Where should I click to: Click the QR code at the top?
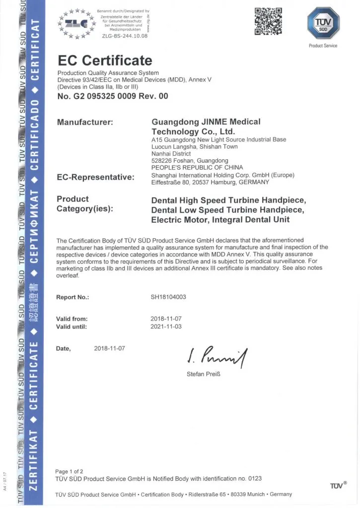268,21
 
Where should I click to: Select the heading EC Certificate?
105,61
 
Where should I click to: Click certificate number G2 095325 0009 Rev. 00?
113,96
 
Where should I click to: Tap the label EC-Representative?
96,177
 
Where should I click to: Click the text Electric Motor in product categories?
177,219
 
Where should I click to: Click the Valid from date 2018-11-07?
166,318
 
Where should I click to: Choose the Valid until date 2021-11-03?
166,326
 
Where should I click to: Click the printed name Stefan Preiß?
204,374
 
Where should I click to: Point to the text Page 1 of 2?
69,471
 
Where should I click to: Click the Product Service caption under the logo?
323,46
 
